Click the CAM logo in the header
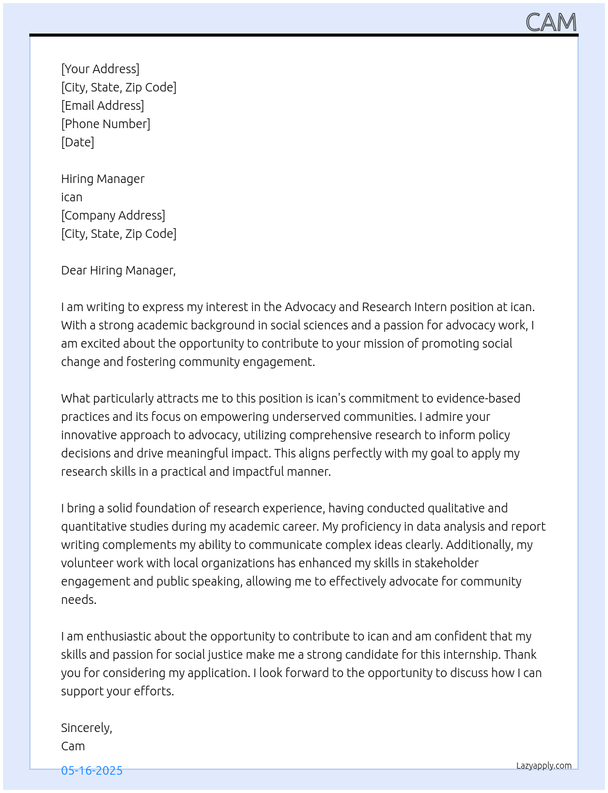point(551,23)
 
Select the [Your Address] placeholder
point(100,69)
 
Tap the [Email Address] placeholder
point(103,106)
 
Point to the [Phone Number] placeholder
point(106,124)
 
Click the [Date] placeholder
point(78,142)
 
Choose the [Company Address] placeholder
point(113,215)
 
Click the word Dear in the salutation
point(74,270)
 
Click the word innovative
point(89,435)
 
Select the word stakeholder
point(446,563)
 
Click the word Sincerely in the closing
point(86,728)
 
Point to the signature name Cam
point(73,746)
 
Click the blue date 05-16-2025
point(92,771)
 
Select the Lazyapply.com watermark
point(544,766)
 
